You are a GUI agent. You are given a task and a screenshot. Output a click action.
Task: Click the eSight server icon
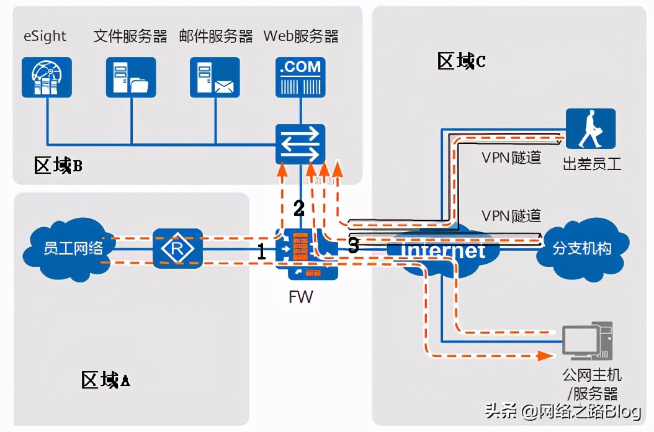click(47, 77)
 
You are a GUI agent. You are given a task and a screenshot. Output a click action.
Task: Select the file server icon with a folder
click(131, 77)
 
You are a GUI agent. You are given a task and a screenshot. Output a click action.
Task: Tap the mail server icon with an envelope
click(215, 77)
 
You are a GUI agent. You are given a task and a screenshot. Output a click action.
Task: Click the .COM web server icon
click(300, 77)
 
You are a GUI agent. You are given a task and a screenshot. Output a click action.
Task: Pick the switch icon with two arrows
click(300, 143)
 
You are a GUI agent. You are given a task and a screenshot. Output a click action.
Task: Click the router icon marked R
click(178, 249)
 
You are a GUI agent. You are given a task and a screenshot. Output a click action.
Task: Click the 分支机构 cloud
click(582, 248)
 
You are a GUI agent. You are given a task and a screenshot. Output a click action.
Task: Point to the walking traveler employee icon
click(590, 128)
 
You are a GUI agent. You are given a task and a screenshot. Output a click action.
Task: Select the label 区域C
click(461, 61)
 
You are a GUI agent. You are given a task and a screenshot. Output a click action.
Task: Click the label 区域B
click(58, 166)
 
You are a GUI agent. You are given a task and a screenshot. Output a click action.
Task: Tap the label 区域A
click(105, 380)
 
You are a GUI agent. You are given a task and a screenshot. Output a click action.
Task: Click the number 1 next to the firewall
click(262, 251)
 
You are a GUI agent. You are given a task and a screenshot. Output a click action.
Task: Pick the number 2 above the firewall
click(299, 209)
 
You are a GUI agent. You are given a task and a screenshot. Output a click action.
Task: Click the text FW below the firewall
click(301, 297)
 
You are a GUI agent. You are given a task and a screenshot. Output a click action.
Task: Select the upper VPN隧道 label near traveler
click(511, 158)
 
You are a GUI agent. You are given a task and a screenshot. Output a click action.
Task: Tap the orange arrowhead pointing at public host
click(545, 356)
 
